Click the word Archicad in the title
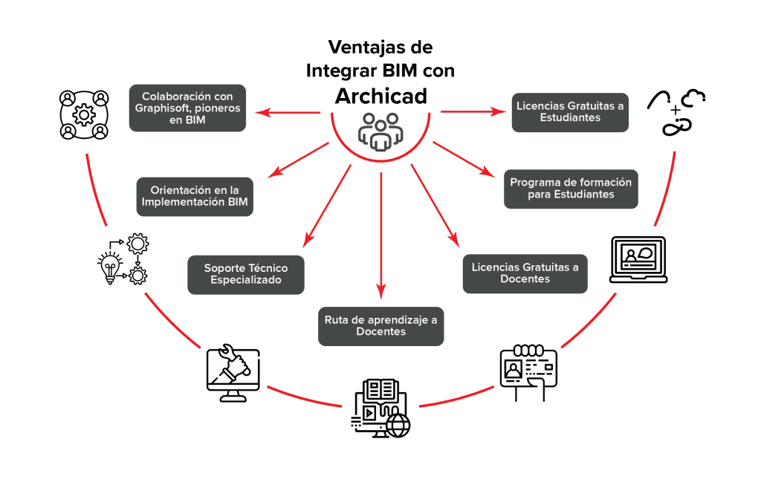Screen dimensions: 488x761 point(380,96)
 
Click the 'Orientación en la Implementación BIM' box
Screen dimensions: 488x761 point(195,196)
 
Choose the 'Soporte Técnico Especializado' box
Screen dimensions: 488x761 point(245,274)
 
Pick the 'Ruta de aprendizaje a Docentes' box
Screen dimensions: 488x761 point(380,326)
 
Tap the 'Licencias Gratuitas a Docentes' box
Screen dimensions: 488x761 point(525,273)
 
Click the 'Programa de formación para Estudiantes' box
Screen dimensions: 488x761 point(570,189)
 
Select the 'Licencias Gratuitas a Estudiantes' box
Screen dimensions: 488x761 point(570,111)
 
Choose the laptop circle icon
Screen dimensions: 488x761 point(638,261)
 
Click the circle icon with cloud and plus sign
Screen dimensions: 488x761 point(677,113)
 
